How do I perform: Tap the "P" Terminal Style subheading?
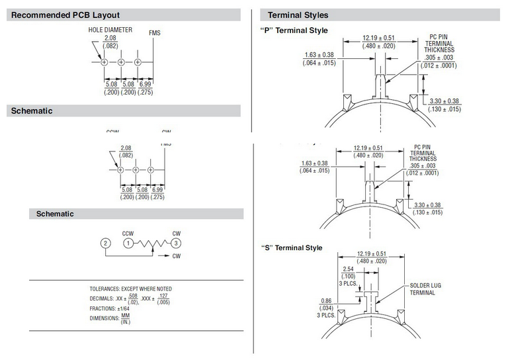tap(294, 30)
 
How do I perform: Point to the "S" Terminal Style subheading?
tap(292, 247)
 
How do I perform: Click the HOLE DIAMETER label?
tap(110, 30)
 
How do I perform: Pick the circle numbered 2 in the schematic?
tap(105, 243)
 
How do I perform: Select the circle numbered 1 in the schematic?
tap(128, 243)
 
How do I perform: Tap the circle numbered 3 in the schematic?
tap(176, 243)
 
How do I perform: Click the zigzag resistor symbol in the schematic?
tap(152, 244)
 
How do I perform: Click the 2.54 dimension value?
tap(350, 269)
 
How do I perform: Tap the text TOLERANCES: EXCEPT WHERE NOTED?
tap(130, 289)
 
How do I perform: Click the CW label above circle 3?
tap(176, 233)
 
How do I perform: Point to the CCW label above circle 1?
tap(128, 233)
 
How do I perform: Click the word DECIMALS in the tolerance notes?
tap(103, 299)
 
